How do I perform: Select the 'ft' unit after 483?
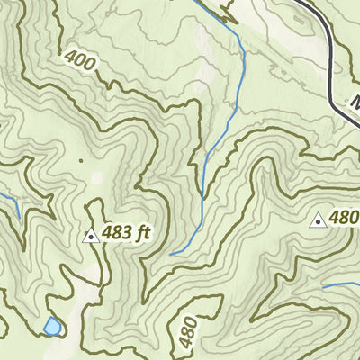tap(141, 234)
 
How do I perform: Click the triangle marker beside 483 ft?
tap(90, 237)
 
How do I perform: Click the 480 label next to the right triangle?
tap(344, 218)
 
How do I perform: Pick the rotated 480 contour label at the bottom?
tap(186, 331)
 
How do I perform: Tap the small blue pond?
tap(52, 325)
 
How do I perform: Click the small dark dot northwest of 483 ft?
tap(79, 162)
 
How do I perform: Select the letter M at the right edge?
tap(354, 102)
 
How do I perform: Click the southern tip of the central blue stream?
tap(171, 255)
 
